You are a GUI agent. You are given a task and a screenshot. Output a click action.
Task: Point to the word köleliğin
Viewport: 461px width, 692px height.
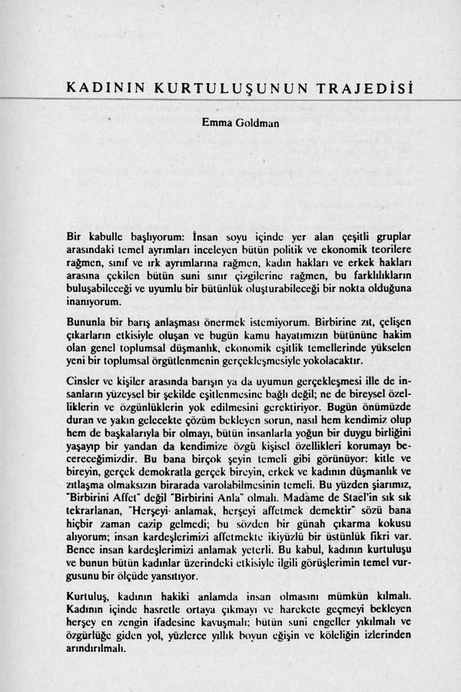pos(330,635)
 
